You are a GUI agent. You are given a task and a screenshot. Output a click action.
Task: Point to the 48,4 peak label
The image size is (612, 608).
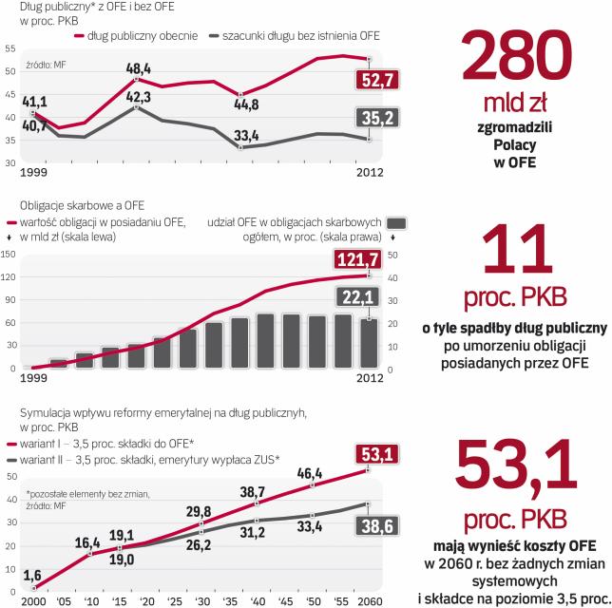click(x=139, y=68)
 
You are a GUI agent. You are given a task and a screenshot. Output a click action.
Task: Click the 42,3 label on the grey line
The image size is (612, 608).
click(x=139, y=95)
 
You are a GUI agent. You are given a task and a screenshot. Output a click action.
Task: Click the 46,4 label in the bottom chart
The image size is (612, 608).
click(x=312, y=472)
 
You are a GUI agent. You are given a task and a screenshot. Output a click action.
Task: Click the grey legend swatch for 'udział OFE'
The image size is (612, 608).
click(x=396, y=221)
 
